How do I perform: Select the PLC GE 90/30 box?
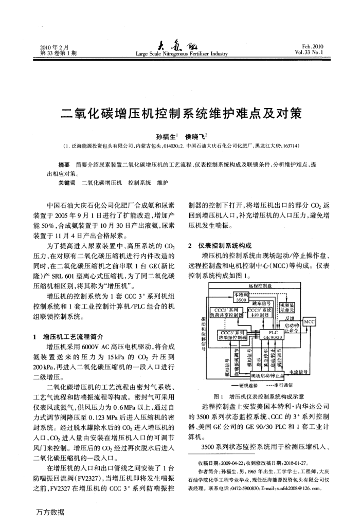click(273, 334)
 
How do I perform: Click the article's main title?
click(180, 112)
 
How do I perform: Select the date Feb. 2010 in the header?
click(313, 47)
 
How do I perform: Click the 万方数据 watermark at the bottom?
click(50, 512)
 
